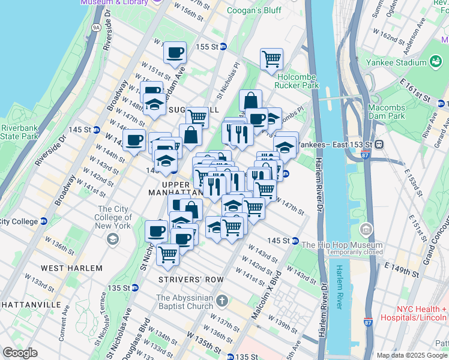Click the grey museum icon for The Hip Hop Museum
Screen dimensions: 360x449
click(x=366, y=230)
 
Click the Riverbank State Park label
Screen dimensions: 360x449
click(x=19, y=132)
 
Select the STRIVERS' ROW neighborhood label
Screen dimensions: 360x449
click(x=191, y=280)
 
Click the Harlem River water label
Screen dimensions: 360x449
click(x=340, y=287)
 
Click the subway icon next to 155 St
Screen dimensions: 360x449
click(x=223, y=47)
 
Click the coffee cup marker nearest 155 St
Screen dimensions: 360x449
click(x=175, y=53)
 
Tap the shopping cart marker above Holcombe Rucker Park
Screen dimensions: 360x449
click(x=271, y=59)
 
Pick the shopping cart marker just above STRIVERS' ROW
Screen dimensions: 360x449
click(x=167, y=255)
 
